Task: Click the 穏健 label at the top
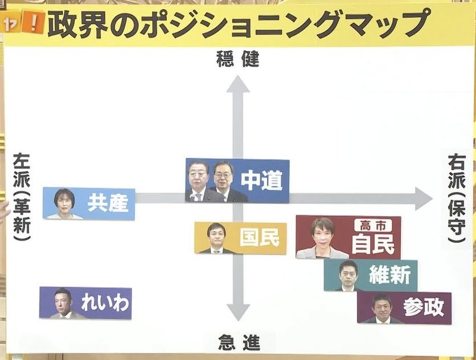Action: (237, 59)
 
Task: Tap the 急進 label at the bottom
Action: (239, 343)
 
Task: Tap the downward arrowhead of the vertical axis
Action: (239, 312)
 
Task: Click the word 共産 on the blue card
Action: (108, 203)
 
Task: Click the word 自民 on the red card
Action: (373, 244)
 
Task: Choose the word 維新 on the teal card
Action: (389, 276)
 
